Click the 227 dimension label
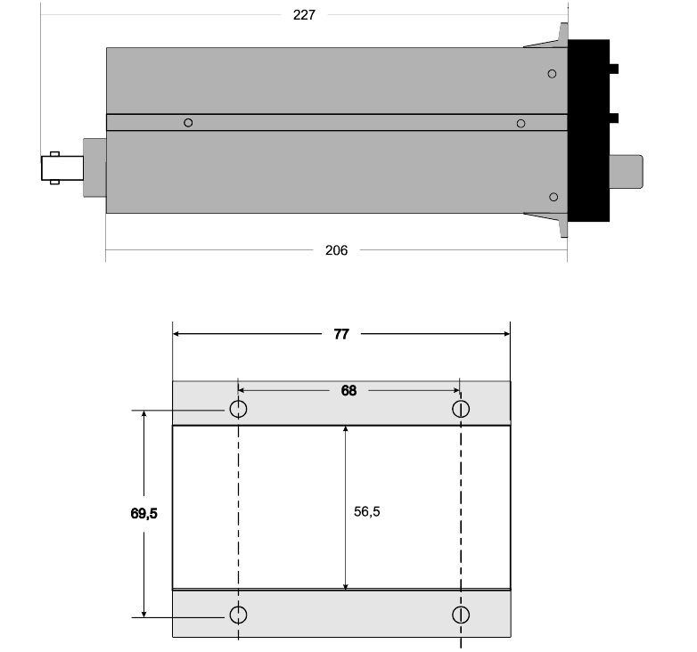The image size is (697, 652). pos(304,15)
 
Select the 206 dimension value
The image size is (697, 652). pos(336,250)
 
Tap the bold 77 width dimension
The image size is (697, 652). pos(341,334)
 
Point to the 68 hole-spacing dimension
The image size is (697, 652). pos(348,390)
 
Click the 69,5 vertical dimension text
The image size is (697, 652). pos(144,513)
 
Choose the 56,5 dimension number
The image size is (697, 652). pos(366,511)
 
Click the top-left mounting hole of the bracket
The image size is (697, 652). pos(238,409)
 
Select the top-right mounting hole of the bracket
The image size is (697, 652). pos(461,409)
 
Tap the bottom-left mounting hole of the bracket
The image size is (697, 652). pos(238,615)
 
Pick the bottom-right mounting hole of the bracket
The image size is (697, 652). pos(461,615)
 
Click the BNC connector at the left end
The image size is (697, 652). pos(62,167)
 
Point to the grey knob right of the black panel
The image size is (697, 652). pos(626,171)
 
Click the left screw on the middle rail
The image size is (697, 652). pos(188,123)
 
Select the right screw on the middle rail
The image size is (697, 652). pos(521,124)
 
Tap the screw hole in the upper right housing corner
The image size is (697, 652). pos(552,74)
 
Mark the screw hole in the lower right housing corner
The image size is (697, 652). pos(553,197)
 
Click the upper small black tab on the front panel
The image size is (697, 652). pos(614,69)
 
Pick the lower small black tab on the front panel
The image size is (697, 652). pos(614,118)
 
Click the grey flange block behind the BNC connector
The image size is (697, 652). pos(94,167)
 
